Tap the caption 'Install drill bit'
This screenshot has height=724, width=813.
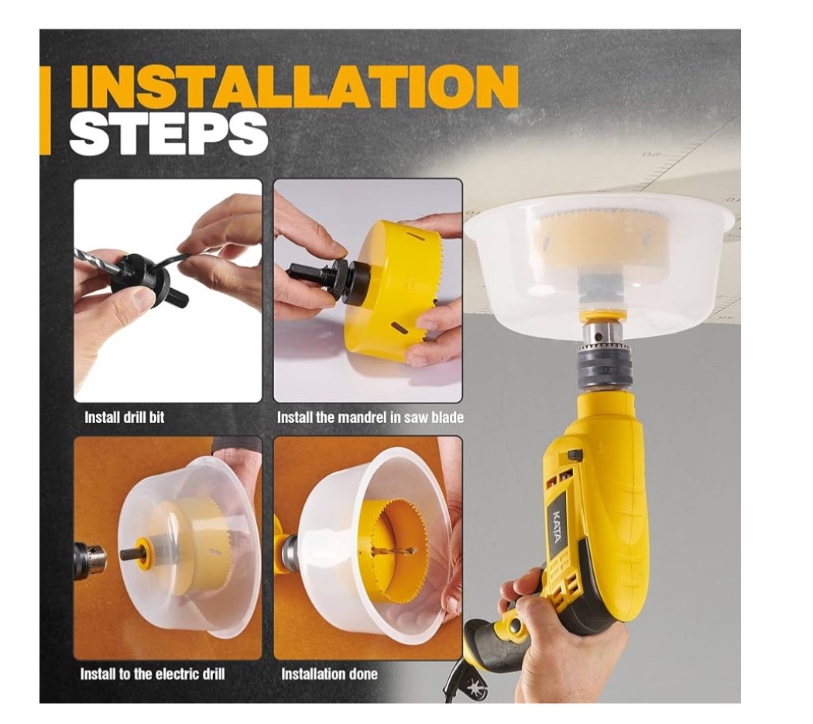point(124,417)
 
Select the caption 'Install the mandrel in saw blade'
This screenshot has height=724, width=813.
point(370,417)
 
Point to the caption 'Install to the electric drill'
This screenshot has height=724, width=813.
point(153,674)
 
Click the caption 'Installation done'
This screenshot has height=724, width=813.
point(329,674)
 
